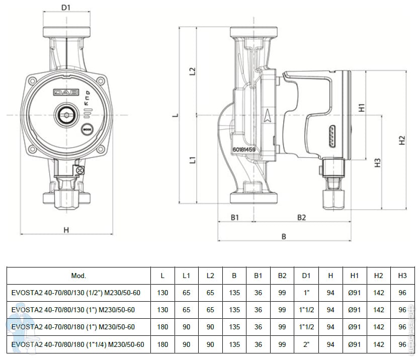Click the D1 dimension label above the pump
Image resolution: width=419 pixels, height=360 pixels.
coord(66,8)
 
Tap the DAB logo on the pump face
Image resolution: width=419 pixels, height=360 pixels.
coord(66,93)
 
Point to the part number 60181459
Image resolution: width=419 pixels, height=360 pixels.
coord(244,149)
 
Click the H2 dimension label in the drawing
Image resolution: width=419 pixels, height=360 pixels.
coord(402,140)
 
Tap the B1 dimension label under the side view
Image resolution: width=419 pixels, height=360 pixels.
coord(234,218)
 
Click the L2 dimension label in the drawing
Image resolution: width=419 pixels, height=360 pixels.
coord(192,71)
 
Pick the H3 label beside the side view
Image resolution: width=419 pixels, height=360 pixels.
coord(377,163)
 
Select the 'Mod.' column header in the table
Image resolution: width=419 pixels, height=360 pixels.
coord(78,276)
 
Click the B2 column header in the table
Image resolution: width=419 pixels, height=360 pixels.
coord(282,276)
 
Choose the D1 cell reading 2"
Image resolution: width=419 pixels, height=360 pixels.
coord(306,344)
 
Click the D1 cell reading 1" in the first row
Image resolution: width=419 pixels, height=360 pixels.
coord(306,293)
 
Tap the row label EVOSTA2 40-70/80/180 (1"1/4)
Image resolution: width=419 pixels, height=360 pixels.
coord(78,344)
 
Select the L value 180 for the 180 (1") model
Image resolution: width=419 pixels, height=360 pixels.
coord(162,327)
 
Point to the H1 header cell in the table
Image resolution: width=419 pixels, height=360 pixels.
coord(354,276)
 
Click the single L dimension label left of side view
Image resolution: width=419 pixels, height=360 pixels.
coord(176,115)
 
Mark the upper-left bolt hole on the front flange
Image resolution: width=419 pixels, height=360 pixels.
coord(32,80)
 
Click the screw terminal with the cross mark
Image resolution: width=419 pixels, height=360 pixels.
coord(79,170)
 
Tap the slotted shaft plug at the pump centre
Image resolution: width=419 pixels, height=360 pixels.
coord(66,115)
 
